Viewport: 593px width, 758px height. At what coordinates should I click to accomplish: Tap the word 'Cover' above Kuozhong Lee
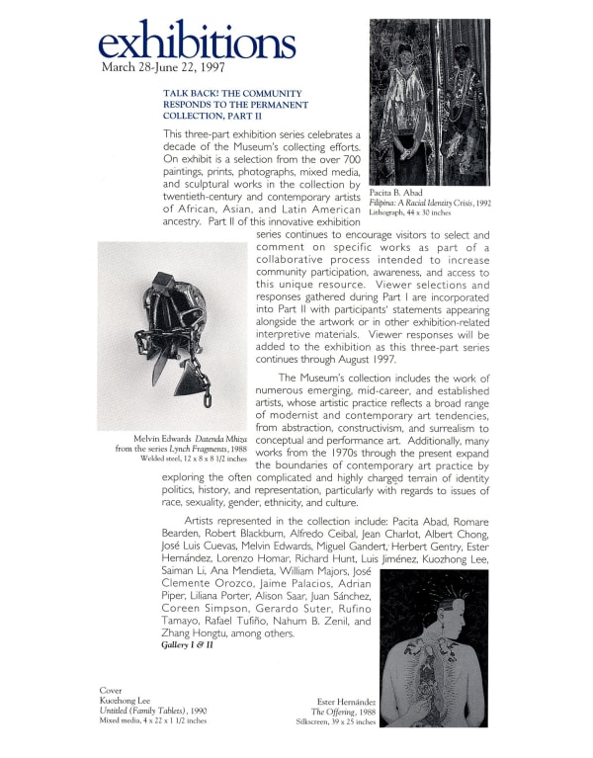tap(110, 690)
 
